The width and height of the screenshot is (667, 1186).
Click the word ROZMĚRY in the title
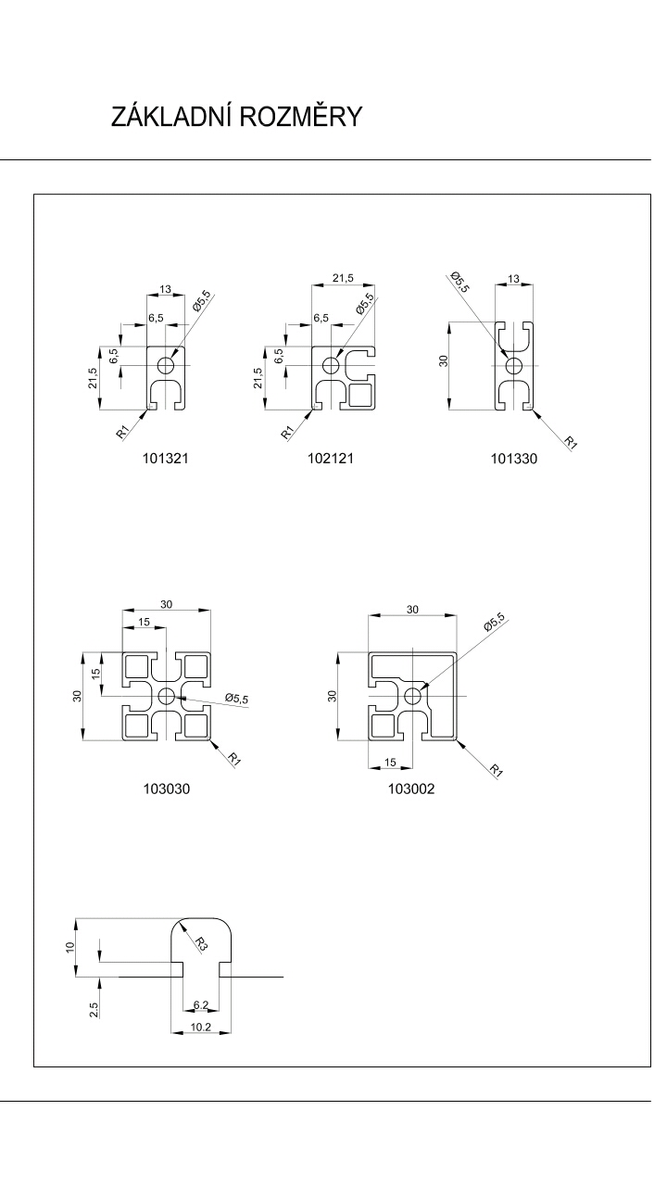pyautogui.click(x=301, y=118)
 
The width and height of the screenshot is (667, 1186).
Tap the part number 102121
pyautogui.click(x=331, y=458)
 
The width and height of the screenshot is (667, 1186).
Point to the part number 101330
pyautogui.click(x=515, y=459)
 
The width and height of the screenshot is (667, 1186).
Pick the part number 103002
pyautogui.click(x=412, y=789)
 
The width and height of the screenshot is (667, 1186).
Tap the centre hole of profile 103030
pyautogui.click(x=167, y=696)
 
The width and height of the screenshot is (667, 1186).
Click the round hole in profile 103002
pyautogui.click(x=412, y=695)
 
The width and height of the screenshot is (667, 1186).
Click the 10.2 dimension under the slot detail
pyautogui.click(x=201, y=1028)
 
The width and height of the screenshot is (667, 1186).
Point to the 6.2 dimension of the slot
pyautogui.click(x=201, y=1004)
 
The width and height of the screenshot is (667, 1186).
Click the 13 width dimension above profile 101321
pyautogui.click(x=166, y=290)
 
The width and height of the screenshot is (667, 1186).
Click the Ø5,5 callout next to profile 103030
pyautogui.click(x=236, y=700)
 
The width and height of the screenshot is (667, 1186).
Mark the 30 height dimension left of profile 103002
pyautogui.click(x=333, y=695)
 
